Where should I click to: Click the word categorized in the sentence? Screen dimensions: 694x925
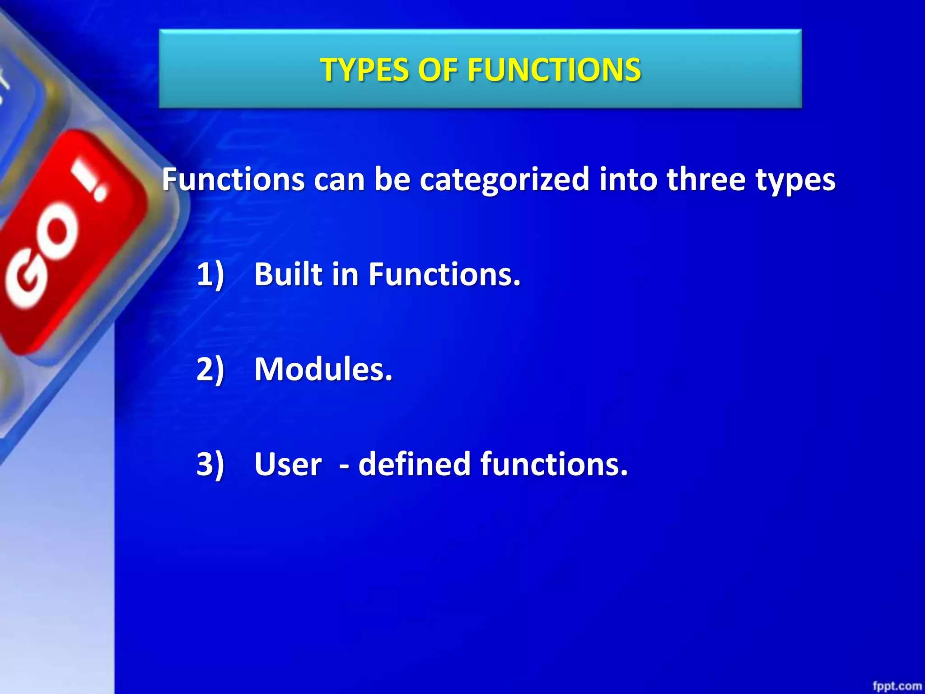(x=505, y=180)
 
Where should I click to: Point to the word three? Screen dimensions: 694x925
(x=706, y=179)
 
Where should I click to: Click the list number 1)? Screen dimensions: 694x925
(x=210, y=274)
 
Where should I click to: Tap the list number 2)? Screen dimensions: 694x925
(x=210, y=369)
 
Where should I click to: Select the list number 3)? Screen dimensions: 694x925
(x=210, y=464)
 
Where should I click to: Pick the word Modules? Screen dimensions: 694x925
(x=323, y=369)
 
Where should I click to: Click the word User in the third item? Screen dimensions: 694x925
(x=288, y=464)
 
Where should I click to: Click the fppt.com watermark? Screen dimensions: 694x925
(x=897, y=686)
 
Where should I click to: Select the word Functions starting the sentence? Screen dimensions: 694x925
(x=233, y=179)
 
